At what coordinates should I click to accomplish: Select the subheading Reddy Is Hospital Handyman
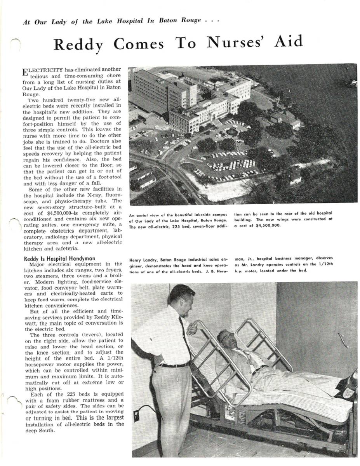pyautogui.click(x=59, y=259)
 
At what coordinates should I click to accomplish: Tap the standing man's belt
pyautogui.click(x=174, y=365)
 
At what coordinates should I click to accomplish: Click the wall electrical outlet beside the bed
pyautogui.click(x=137, y=415)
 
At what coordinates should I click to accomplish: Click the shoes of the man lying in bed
pyautogui.click(x=351, y=383)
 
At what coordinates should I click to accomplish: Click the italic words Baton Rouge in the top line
pyautogui.click(x=180, y=21)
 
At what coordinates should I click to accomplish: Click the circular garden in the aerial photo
pyautogui.click(x=232, y=132)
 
